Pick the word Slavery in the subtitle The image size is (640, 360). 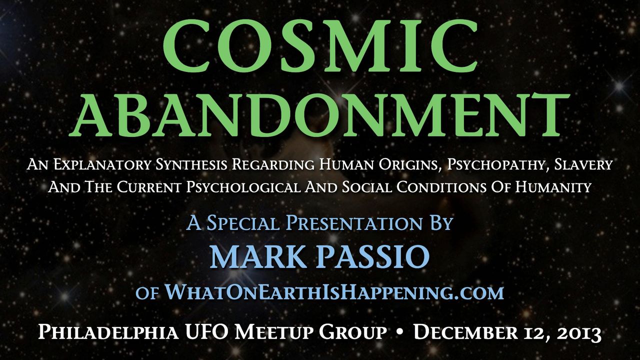[583, 165]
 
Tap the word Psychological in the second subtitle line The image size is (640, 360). [243, 187]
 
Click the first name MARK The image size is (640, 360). [254, 257]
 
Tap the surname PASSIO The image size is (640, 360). [371, 257]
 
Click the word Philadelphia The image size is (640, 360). [108, 333]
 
